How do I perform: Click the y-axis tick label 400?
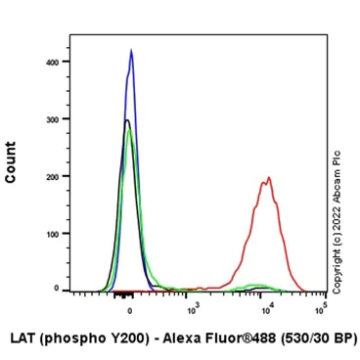(x=53, y=62)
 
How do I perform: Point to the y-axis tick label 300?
(x=53, y=119)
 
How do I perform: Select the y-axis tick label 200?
(x=53, y=177)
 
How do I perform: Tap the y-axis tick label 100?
(x=53, y=235)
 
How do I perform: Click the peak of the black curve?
(x=126, y=120)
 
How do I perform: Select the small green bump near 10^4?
(x=258, y=285)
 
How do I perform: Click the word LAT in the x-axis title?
(x=22, y=338)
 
